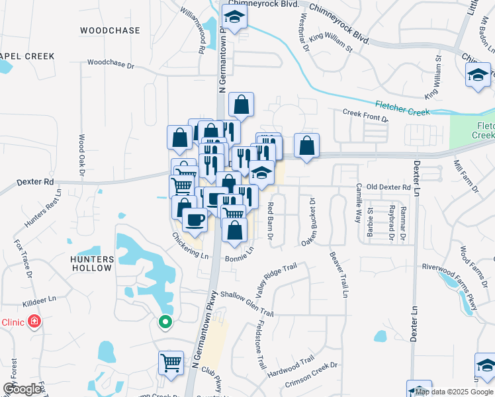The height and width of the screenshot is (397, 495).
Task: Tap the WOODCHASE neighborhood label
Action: point(110,30)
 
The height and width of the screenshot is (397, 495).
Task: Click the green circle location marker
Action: point(165,322)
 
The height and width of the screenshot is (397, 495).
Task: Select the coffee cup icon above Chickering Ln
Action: point(194,219)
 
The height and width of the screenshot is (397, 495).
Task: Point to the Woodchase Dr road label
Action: point(111,65)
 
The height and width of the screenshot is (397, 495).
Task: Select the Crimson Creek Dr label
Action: point(311,375)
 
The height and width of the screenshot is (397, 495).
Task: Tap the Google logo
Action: point(22,389)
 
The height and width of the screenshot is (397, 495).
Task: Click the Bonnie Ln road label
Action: point(240,254)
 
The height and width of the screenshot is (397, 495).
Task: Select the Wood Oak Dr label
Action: point(82,155)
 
